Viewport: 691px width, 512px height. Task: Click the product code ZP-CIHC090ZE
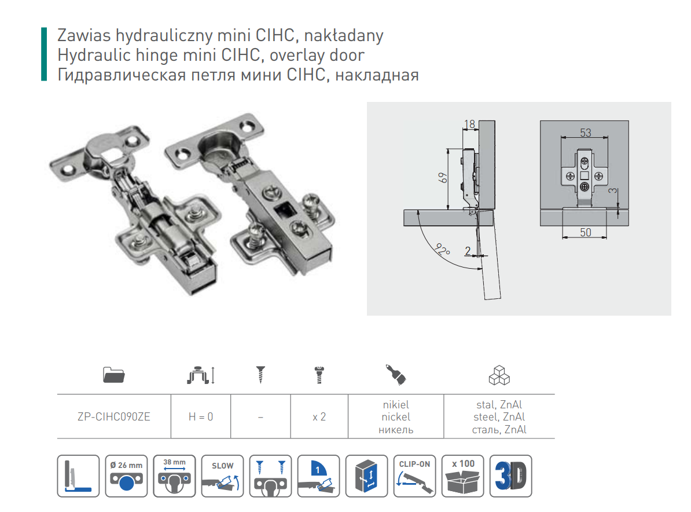pos(113,416)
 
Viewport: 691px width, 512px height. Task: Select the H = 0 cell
pos(201,416)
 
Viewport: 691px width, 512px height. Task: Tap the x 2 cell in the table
pos(319,416)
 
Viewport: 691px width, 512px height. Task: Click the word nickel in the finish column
pos(396,416)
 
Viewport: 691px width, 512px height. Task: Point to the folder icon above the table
pos(113,375)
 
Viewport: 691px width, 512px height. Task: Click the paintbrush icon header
pos(395,375)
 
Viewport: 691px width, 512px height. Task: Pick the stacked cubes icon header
pos(499,376)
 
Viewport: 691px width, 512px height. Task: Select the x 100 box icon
pos(462,476)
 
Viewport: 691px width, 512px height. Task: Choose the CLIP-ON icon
pos(414,476)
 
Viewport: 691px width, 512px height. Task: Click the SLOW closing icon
pos(222,476)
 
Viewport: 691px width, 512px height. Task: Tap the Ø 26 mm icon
pos(126,476)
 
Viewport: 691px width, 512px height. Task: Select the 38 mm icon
pos(174,476)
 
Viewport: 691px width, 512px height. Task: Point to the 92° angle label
pos(443,250)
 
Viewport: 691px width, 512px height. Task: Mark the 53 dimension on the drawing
pos(585,133)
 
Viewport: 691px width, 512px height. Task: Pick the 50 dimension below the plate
pos(585,232)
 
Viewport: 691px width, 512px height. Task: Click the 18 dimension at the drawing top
pos(469,123)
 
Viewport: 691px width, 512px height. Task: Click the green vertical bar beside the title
pos(43,54)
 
